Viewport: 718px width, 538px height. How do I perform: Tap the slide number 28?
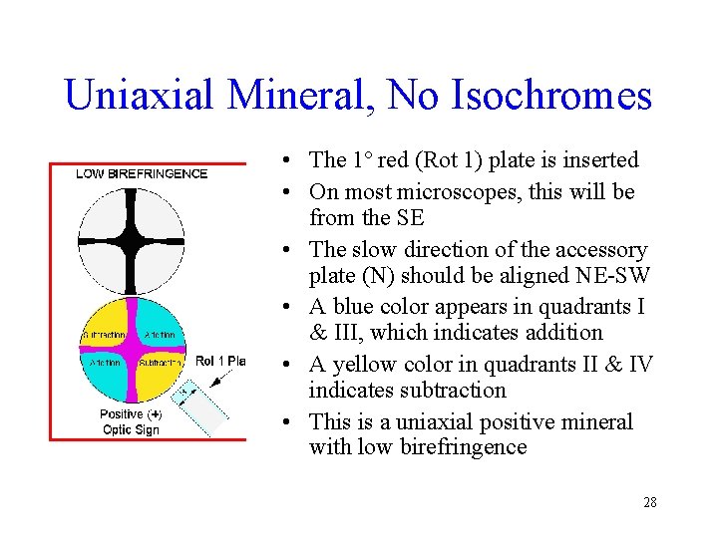(649, 502)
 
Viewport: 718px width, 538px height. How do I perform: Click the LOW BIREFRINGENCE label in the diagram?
(142, 173)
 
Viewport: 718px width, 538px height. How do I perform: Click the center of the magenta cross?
(131, 349)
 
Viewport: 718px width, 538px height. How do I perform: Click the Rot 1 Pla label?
(219, 361)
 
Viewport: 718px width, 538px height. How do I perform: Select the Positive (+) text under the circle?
(131, 413)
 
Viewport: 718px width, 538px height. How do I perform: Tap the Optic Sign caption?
(131, 429)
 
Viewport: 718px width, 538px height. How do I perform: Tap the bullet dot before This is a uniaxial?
(286, 422)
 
